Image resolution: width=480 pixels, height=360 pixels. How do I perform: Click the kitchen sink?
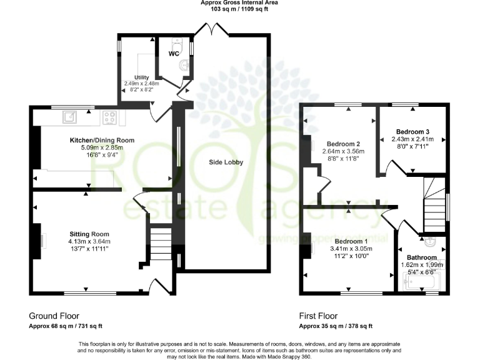coord(68,116)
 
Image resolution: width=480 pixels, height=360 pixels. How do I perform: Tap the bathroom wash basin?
coord(431,239)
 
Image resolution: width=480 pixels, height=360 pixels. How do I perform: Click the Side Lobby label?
coord(226,162)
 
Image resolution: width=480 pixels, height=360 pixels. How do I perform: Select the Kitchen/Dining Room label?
coord(102,141)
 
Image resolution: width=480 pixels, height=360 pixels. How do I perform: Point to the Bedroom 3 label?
coord(411,132)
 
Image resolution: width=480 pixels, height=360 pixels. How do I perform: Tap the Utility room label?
coord(142,77)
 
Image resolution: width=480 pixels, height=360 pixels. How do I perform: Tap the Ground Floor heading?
coord(54,316)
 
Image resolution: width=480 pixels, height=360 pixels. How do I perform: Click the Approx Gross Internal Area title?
coord(239,3)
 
